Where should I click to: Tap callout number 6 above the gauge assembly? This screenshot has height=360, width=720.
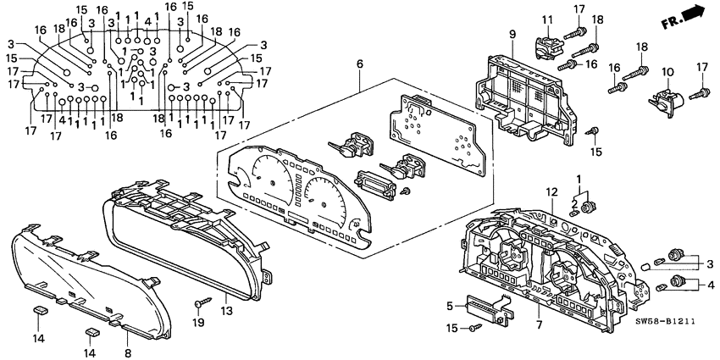click(x=359, y=64)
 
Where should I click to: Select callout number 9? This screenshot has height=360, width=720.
click(x=512, y=34)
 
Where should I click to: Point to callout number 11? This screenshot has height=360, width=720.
click(x=547, y=19)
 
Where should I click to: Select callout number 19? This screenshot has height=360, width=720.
click(x=200, y=324)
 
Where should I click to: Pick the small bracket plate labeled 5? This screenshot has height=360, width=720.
click(x=490, y=308)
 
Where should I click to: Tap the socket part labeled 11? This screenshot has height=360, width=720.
click(x=546, y=44)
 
